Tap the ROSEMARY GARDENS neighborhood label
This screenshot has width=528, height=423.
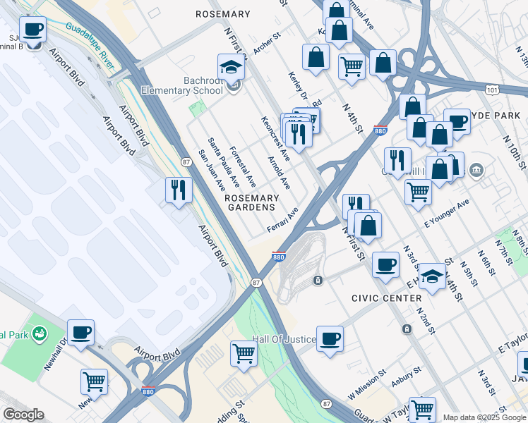tap(249, 203)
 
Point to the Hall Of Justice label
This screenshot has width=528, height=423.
tap(284, 339)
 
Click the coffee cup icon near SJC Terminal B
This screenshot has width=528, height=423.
tap(32, 30)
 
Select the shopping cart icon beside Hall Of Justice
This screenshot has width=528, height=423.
tap(244, 352)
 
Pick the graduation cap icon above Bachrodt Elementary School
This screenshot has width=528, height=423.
tap(231, 67)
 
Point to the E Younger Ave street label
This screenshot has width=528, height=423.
tap(446, 214)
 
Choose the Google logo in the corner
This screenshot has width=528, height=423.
tap(23, 415)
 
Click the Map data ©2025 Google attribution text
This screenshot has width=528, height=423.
tap(484, 417)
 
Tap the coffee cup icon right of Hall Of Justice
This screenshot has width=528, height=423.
tap(330, 338)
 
